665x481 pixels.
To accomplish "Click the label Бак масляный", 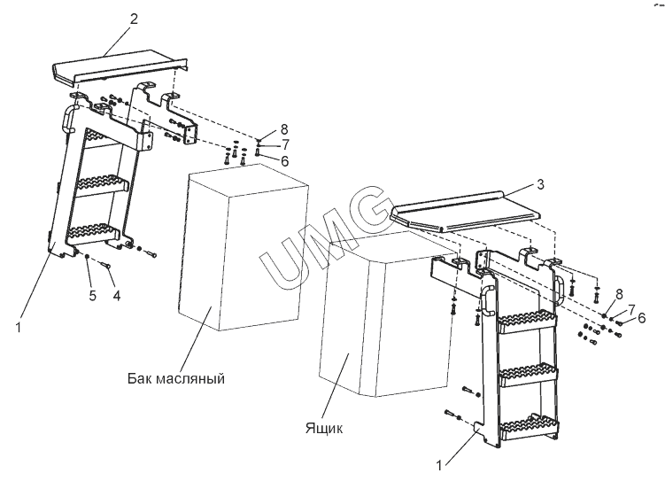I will pyautogui.click(x=174, y=378).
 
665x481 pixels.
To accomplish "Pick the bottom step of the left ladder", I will pyautogui.click(x=93, y=233).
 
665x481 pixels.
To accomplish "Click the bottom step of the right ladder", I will pyautogui.click(x=529, y=430).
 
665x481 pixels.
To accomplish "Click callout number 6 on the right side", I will pyautogui.click(x=642, y=316).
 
